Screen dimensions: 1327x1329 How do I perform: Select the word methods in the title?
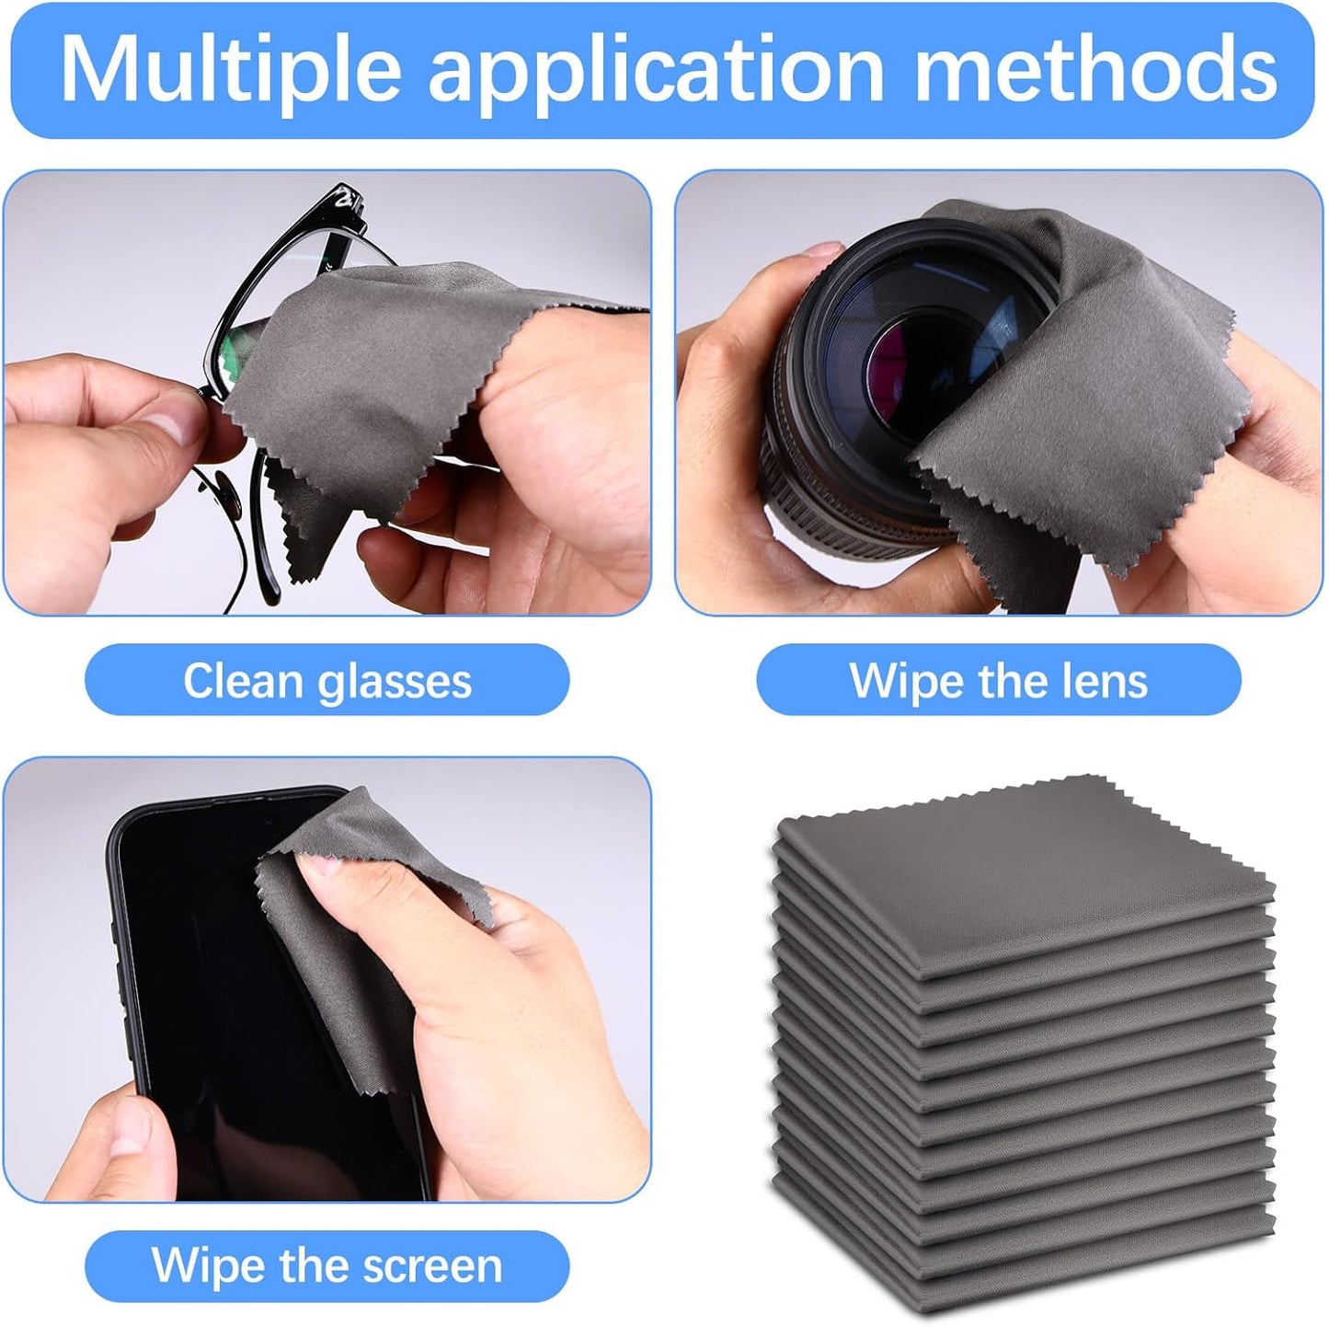1096,69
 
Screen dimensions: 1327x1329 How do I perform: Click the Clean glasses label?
327,681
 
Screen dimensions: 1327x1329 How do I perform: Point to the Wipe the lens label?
998,681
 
